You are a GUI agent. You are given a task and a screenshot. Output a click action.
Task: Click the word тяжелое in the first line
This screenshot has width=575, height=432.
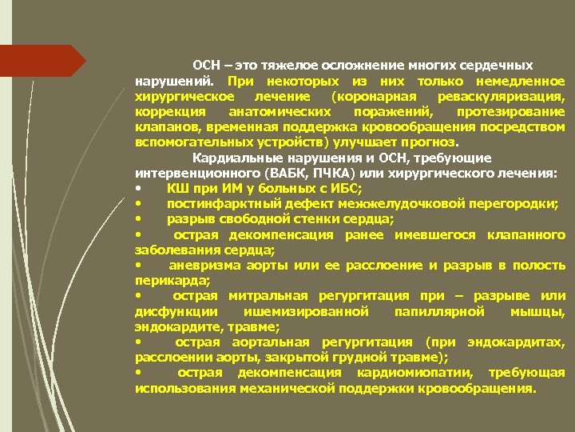(275, 66)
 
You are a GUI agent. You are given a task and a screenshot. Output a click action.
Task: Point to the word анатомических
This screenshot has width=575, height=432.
(271, 111)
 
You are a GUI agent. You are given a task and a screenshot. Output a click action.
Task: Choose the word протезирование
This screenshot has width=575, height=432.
(510, 111)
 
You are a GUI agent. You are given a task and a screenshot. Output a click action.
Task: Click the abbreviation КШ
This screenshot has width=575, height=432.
(176, 188)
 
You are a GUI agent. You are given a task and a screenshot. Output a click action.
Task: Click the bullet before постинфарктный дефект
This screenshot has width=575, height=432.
(140, 203)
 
